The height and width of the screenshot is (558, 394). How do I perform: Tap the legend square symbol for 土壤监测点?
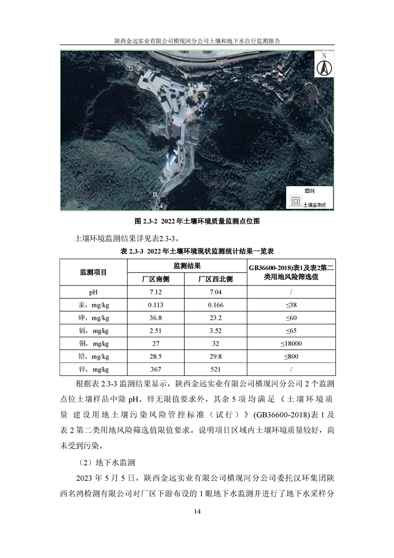(x=295, y=201)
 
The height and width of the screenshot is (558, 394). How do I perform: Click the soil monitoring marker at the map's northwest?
(x=131, y=68)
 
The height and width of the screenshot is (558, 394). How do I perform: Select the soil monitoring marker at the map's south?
(x=155, y=194)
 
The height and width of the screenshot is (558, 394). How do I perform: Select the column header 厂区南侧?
(x=156, y=279)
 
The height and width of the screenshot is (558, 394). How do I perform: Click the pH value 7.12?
(x=156, y=292)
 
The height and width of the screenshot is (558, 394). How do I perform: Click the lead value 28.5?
(x=156, y=357)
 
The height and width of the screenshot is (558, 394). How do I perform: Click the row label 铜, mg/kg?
(x=93, y=344)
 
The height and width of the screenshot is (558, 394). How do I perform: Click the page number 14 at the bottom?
(x=197, y=511)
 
